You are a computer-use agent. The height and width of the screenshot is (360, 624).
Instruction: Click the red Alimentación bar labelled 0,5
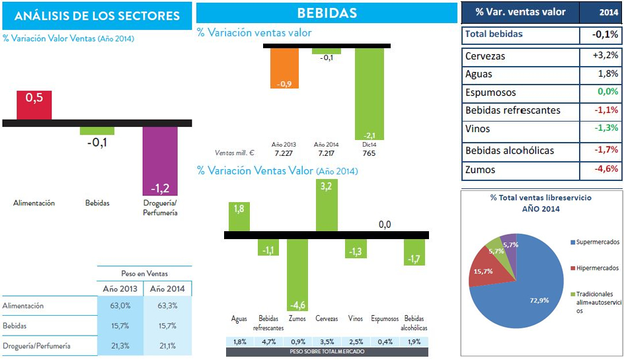pos(34,105)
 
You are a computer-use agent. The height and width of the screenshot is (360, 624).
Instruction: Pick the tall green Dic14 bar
pos(370,92)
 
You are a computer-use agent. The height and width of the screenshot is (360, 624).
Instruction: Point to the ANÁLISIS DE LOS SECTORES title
pos(97,16)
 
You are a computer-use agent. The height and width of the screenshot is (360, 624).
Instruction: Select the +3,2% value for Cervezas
pos(605,55)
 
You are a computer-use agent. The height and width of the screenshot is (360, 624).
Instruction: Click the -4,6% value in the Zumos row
pos(605,169)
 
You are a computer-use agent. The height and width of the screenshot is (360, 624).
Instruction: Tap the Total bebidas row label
pos(494,34)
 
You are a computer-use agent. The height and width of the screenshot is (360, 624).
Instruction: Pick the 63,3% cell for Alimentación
pos(168,306)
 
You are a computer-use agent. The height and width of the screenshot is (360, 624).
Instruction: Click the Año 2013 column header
pos(120,289)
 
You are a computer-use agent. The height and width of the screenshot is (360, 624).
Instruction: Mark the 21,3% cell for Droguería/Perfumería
pos(120,345)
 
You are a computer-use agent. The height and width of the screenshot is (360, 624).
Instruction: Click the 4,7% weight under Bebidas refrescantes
pos(268,342)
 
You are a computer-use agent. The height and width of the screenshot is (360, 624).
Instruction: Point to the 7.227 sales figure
pos(284,153)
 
